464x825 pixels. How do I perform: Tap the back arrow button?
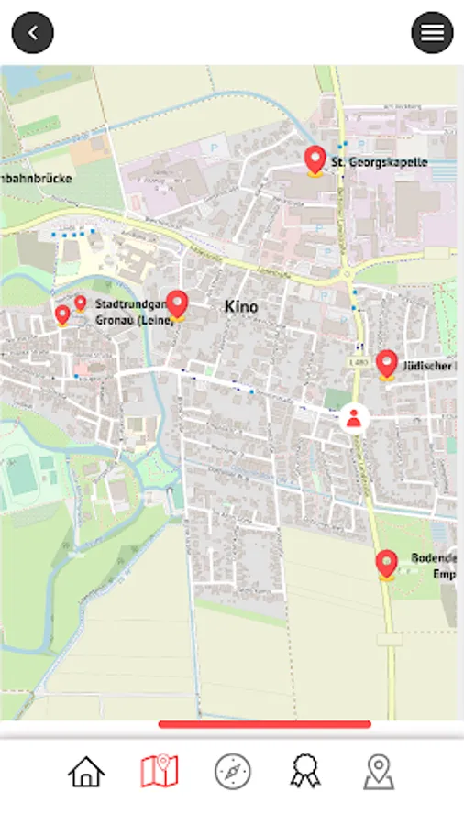(x=33, y=33)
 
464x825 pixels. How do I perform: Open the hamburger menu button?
(x=432, y=33)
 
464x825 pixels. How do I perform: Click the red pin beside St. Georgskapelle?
(x=315, y=160)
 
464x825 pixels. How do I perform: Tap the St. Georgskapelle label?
(x=379, y=163)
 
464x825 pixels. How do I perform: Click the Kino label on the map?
(x=241, y=307)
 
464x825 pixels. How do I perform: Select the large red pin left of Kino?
(x=177, y=304)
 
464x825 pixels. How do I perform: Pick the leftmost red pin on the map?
(x=62, y=315)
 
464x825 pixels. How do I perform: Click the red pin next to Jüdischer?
(x=386, y=364)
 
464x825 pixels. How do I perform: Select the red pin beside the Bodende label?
(x=386, y=564)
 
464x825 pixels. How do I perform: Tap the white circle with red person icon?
(x=353, y=419)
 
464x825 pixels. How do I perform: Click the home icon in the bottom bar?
(x=86, y=772)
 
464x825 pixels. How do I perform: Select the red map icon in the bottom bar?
(x=160, y=772)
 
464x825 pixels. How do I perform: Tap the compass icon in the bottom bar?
(x=232, y=772)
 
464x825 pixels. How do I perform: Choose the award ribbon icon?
(x=305, y=772)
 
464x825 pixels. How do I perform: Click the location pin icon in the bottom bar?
(x=379, y=772)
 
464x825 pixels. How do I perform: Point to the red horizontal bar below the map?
(x=264, y=724)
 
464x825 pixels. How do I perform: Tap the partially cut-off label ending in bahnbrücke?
(x=37, y=178)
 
